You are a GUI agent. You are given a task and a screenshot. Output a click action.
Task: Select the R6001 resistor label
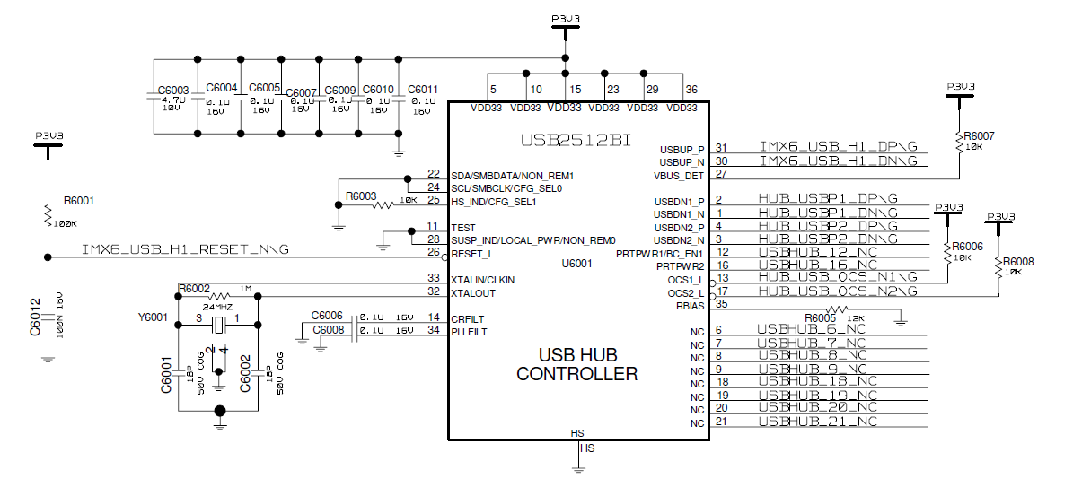click(x=79, y=201)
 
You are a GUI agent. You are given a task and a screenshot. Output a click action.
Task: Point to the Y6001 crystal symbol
click(x=218, y=325)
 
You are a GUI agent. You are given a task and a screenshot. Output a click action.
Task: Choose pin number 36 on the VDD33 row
click(x=691, y=90)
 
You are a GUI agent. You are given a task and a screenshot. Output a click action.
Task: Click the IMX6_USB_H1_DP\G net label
click(x=838, y=147)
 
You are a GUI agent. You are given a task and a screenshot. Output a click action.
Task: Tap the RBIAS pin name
click(x=690, y=305)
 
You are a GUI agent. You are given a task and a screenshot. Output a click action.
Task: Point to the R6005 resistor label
click(x=821, y=317)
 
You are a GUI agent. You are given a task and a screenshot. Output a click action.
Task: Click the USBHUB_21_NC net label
click(x=817, y=422)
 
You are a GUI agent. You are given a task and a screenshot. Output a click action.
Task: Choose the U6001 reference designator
click(x=577, y=264)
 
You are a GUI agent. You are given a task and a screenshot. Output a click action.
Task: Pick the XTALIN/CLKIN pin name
click(x=482, y=280)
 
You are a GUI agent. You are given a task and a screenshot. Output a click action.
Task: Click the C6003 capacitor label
click(x=172, y=91)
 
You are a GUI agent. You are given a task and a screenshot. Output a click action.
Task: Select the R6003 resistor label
click(x=360, y=196)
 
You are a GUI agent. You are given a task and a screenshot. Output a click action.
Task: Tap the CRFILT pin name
click(x=467, y=318)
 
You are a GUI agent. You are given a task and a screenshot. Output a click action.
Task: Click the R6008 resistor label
click(x=1018, y=261)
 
